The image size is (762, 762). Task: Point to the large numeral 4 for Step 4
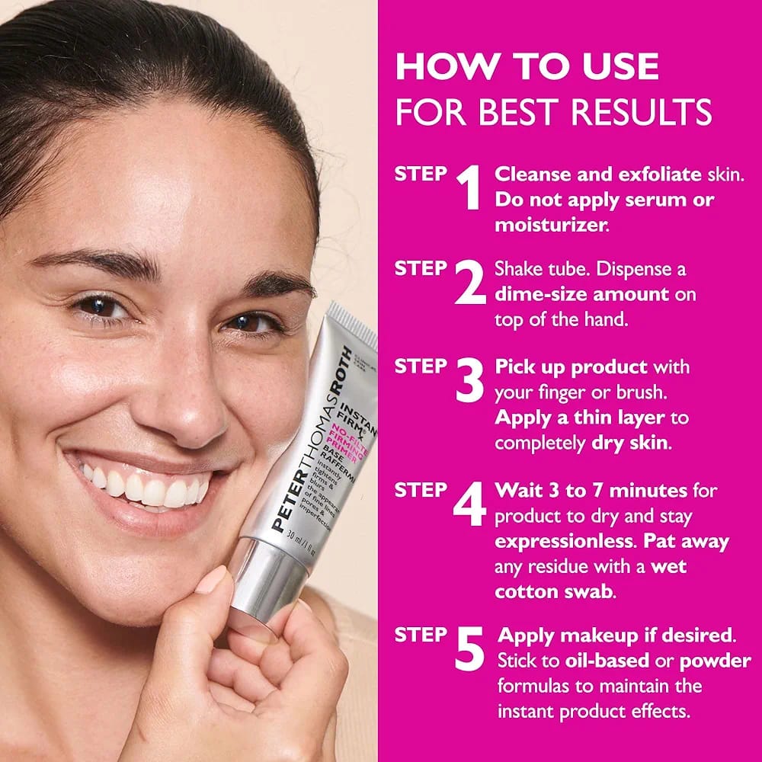469,503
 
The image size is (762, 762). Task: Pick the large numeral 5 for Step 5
470,648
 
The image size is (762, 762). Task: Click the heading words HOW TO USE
527,66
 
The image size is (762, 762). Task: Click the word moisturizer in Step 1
546,225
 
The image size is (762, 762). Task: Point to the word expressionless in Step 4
563,541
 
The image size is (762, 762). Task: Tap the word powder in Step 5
716,660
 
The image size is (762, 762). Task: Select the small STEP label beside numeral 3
421,366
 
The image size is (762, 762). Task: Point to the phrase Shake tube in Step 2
537,269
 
